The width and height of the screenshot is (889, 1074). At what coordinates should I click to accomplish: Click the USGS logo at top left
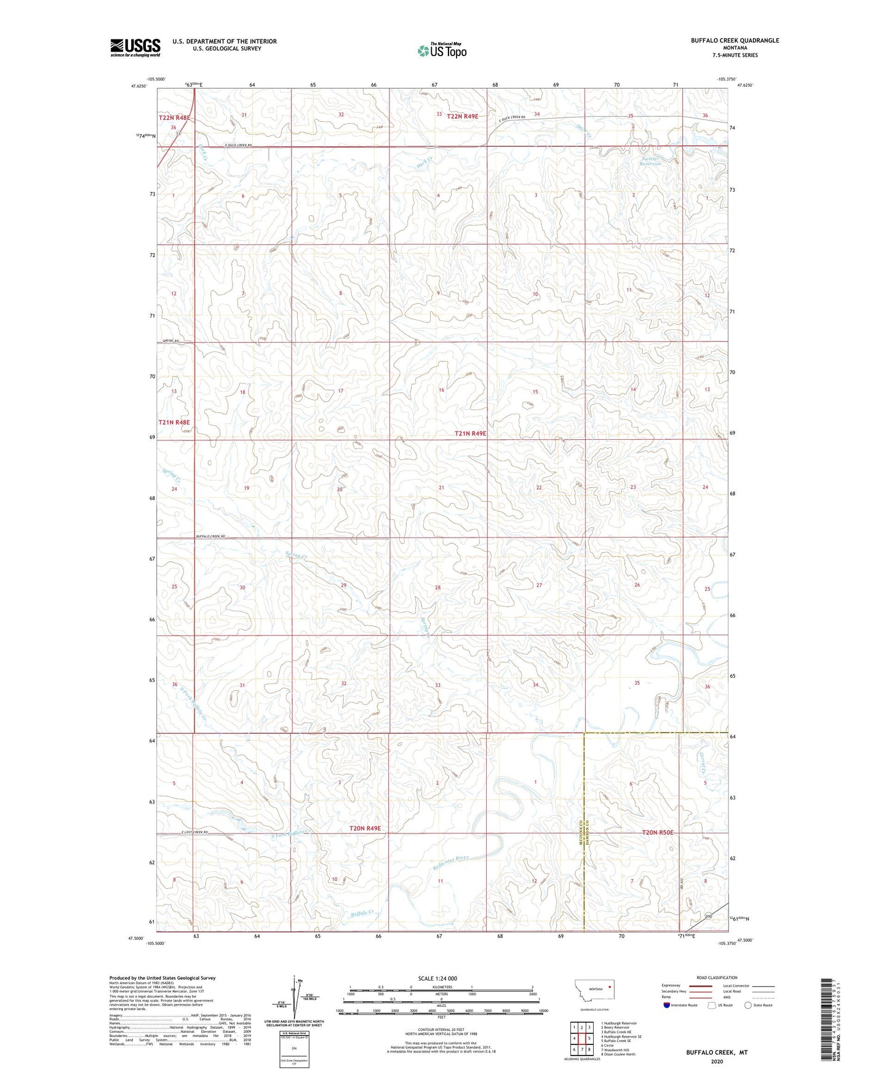point(135,47)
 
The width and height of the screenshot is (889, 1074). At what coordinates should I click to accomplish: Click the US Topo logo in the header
point(441,50)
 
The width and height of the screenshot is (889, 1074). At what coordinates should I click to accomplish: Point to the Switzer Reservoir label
point(650,161)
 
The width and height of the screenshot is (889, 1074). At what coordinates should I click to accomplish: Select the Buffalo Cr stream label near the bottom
point(362,914)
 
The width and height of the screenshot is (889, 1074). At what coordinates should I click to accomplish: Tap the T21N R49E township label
point(471,434)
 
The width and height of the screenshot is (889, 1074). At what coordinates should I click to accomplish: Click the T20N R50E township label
point(658,833)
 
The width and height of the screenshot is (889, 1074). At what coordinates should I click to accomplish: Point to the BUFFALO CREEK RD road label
point(210,537)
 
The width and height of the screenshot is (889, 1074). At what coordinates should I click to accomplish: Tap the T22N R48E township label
point(175,117)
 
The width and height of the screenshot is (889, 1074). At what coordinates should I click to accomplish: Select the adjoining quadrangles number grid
point(581,1040)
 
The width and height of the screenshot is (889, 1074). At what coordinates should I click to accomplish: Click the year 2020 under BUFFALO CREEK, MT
point(717,1062)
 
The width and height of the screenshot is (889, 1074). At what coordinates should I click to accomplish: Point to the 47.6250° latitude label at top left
point(139,87)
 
